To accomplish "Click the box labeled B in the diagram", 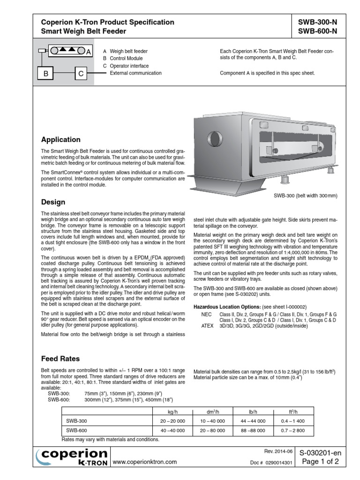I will click(46, 74).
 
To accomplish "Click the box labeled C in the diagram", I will click(81, 74).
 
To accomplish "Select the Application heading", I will click(61, 140).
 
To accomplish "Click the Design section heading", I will click(53, 202).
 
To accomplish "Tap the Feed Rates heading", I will click(60, 359).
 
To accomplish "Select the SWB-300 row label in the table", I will click(76, 421).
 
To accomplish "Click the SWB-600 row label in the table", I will click(76, 430).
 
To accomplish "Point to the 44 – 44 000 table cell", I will click(253, 421).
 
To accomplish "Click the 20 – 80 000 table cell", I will click(210, 430).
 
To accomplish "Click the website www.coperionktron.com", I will click(145, 462).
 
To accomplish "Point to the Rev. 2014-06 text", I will click(278, 451).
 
